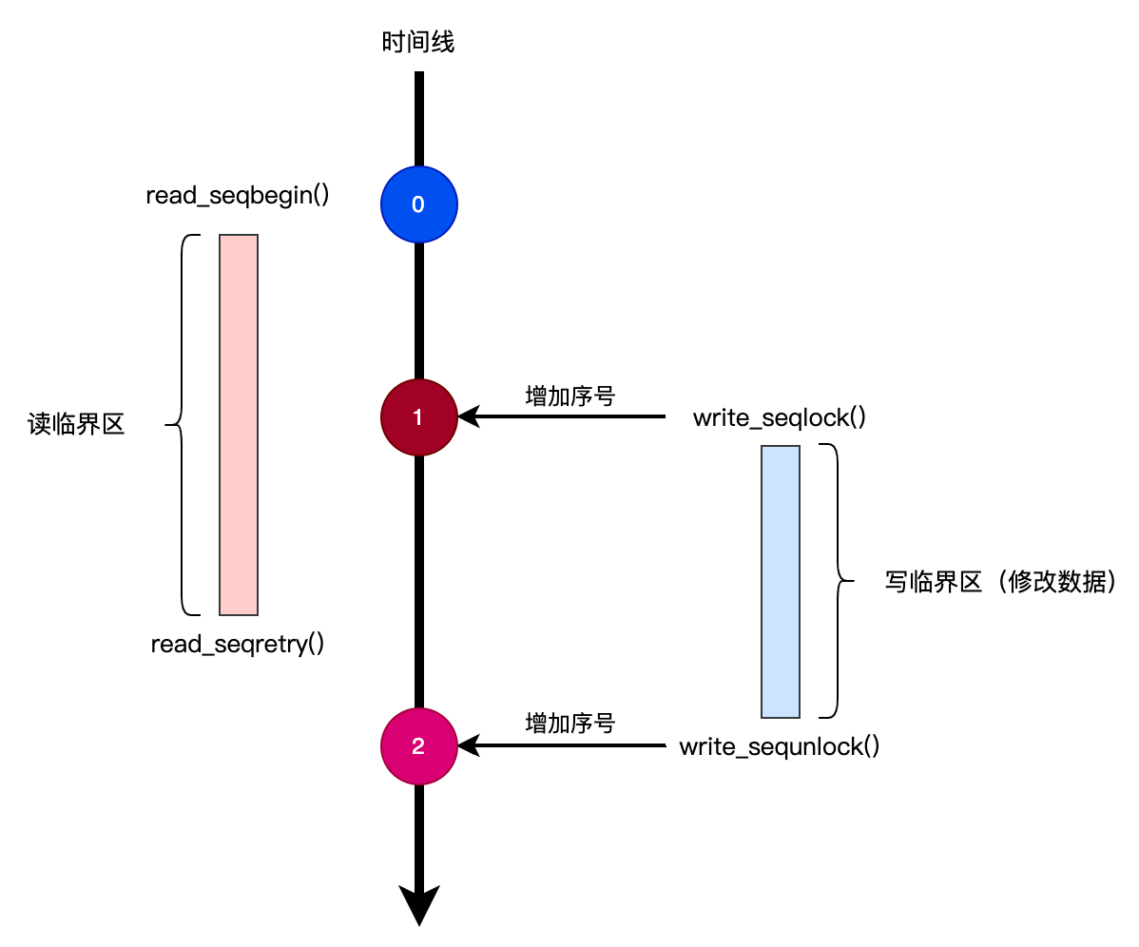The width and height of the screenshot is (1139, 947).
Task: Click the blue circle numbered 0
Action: pyautogui.click(x=418, y=204)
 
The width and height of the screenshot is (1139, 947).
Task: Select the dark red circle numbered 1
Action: pyautogui.click(x=418, y=416)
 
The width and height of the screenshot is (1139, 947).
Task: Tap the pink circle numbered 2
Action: pyautogui.click(x=418, y=746)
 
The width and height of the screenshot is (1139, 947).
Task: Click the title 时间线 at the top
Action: pyautogui.click(x=418, y=43)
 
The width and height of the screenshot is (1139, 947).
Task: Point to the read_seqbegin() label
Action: pyautogui.click(x=238, y=196)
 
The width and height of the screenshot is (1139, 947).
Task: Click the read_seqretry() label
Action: pyautogui.click(x=238, y=645)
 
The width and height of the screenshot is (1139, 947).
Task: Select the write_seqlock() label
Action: pyautogui.click(x=779, y=417)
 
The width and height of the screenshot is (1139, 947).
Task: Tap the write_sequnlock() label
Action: pyautogui.click(x=779, y=746)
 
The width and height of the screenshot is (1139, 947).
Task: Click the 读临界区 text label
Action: pyautogui.click(x=76, y=425)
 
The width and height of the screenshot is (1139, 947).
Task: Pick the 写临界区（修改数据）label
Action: pyautogui.click(x=998, y=582)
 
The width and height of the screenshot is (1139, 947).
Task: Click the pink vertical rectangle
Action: pyautogui.click(x=239, y=425)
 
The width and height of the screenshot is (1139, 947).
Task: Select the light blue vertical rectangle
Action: pyautogui.click(x=781, y=581)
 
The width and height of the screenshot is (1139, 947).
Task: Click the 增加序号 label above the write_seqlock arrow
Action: pyautogui.click(x=570, y=396)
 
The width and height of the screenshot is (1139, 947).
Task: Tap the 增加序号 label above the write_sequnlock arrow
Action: pyautogui.click(x=570, y=723)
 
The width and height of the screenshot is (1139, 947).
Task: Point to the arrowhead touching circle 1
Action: pyautogui.click(x=468, y=416)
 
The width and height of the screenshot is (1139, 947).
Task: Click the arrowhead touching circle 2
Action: pyautogui.click(x=468, y=746)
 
